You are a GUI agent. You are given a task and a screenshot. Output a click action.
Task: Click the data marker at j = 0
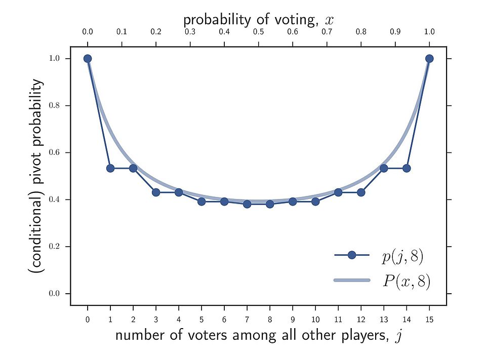(88, 58)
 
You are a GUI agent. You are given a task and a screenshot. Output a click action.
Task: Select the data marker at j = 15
(429, 58)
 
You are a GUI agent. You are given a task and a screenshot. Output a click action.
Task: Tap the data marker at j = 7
(247, 204)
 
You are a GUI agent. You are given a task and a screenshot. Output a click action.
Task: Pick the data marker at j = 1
(110, 168)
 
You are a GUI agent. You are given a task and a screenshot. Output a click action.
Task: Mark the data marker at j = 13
(384, 168)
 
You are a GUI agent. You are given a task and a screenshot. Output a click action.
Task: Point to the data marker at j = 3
(156, 192)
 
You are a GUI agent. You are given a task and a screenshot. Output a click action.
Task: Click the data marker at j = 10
(315, 202)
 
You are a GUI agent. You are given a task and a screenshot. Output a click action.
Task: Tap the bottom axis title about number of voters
(258, 335)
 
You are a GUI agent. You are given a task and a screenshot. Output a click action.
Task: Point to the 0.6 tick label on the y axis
(54, 152)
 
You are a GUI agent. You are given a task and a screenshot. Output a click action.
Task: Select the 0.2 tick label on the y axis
(54, 247)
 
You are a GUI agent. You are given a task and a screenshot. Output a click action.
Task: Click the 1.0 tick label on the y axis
(54, 58)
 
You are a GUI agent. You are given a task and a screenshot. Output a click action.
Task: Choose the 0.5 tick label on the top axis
(258, 32)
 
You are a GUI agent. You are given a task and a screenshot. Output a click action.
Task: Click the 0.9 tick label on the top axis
(395, 32)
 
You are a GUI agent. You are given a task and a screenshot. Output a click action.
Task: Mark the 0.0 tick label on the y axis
(54, 294)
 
